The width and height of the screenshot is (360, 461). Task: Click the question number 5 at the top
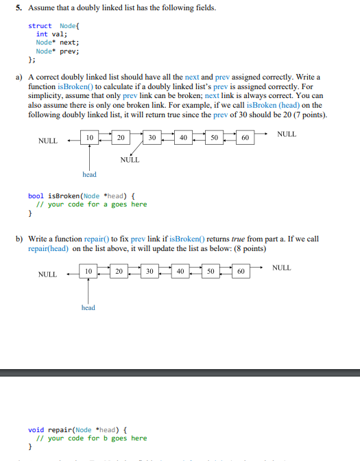(x=19, y=8)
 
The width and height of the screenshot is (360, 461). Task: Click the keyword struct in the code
(x=39, y=25)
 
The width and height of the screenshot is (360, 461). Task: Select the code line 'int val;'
(x=47, y=34)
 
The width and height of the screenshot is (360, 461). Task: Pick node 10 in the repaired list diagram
(x=88, y=271)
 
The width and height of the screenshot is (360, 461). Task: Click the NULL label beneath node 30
(x=130, y=160)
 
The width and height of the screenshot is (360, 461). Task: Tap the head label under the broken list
(x=89, y=174)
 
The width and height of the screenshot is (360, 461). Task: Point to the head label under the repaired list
(x=88, y=308)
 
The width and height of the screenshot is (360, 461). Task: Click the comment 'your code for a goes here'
(x=96, y=204)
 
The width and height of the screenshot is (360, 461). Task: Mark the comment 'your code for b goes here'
(x=96, y=438)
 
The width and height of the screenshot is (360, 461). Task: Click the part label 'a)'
(x=19, y=79)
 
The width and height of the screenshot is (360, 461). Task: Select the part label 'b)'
(x=19, y=239)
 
